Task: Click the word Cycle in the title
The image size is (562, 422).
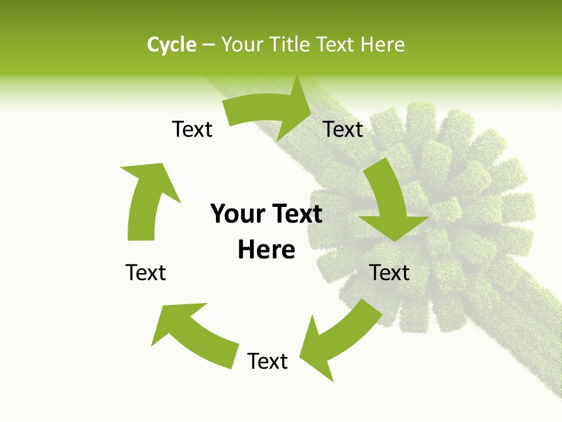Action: click(x=172, y=45)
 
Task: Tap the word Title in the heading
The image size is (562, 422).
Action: click(x=291, y=45)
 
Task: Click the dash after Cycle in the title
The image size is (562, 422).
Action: click(x=208, y=45)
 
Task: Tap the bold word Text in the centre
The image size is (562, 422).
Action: click(x=296, y=214)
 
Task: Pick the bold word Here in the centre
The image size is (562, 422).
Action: click(x=266, y=250)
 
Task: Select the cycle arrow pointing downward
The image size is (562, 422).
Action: click(x=389, y=202)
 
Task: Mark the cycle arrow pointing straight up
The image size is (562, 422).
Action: click(x=146, y=199)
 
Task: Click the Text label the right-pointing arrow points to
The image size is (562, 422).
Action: click(x=343, y=129)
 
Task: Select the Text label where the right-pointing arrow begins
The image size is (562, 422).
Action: click(x=192, y=129)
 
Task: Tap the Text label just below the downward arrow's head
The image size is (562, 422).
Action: click(x=389, y=273)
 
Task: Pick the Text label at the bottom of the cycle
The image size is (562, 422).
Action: click(x=268, y=361)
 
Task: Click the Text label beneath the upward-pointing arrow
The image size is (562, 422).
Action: click(x=146, y=273)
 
